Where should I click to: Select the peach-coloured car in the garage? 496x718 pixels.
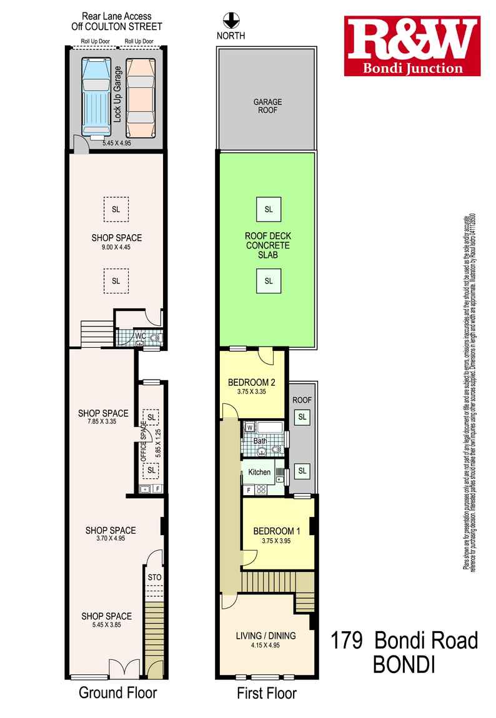(139, 97)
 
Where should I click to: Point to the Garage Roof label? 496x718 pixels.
(267, 106)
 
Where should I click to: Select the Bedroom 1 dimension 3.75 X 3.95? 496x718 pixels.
(277, 541)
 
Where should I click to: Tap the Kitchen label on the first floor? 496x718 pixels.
(259, 472)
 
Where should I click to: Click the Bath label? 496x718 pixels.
(260, 441)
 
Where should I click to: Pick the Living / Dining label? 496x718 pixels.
(265, 636)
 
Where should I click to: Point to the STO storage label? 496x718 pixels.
(154, 578)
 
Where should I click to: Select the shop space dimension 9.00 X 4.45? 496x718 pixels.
(116, 247)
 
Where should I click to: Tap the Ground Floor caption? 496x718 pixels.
(117, 692)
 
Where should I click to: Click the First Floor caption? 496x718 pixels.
(266, 692)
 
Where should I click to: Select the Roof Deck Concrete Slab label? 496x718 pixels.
(268, 246)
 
